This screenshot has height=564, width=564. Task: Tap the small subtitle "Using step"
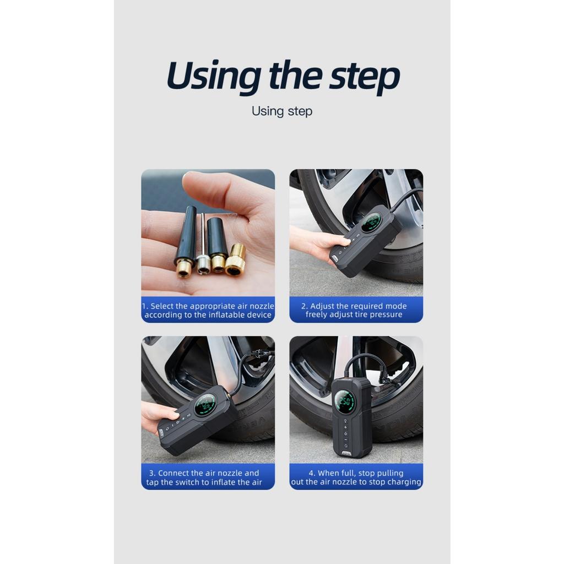[x=281, y=111]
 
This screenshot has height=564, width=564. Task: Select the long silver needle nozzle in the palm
[x=202, y=245]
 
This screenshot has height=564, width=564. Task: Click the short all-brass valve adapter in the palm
[x=236, y=260]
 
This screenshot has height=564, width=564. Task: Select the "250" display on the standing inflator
[x=345, y=401]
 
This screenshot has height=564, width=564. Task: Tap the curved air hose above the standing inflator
[x=364, y=361]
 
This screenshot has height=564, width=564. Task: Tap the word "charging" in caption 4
[x=404, y=482]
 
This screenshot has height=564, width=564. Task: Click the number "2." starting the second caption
[x=304, y=306]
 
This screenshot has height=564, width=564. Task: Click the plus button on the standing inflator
[x=345, y=427]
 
